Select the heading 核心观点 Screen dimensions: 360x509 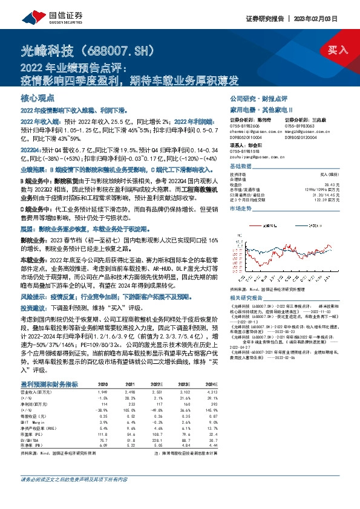coord(38,97)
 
